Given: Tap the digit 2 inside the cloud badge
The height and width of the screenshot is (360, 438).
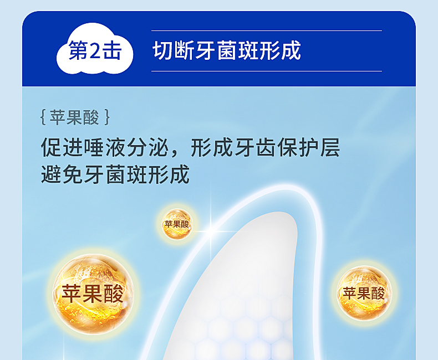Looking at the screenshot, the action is [95, 51].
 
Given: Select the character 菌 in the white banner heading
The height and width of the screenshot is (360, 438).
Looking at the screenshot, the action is [227, 50].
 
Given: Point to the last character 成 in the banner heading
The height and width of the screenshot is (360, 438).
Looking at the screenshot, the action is [291, 50].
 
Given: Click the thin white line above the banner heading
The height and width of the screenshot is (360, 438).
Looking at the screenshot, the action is [267, 30].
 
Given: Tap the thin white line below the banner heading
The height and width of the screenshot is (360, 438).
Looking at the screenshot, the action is [267, 71].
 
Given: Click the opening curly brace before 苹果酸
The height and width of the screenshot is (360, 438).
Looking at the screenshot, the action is [43, 117].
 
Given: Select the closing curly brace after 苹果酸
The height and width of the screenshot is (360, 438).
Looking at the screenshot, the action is [107, 117].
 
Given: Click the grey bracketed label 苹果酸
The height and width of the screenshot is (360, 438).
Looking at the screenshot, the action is [75, 117].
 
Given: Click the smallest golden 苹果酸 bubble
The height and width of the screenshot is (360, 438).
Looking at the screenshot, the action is [176, 224].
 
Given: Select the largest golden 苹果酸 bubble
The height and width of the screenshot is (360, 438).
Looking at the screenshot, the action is [94, 294].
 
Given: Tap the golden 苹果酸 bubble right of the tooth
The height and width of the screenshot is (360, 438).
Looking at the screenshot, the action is [364, 293].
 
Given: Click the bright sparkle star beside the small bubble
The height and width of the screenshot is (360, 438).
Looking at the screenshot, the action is [211, 230].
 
